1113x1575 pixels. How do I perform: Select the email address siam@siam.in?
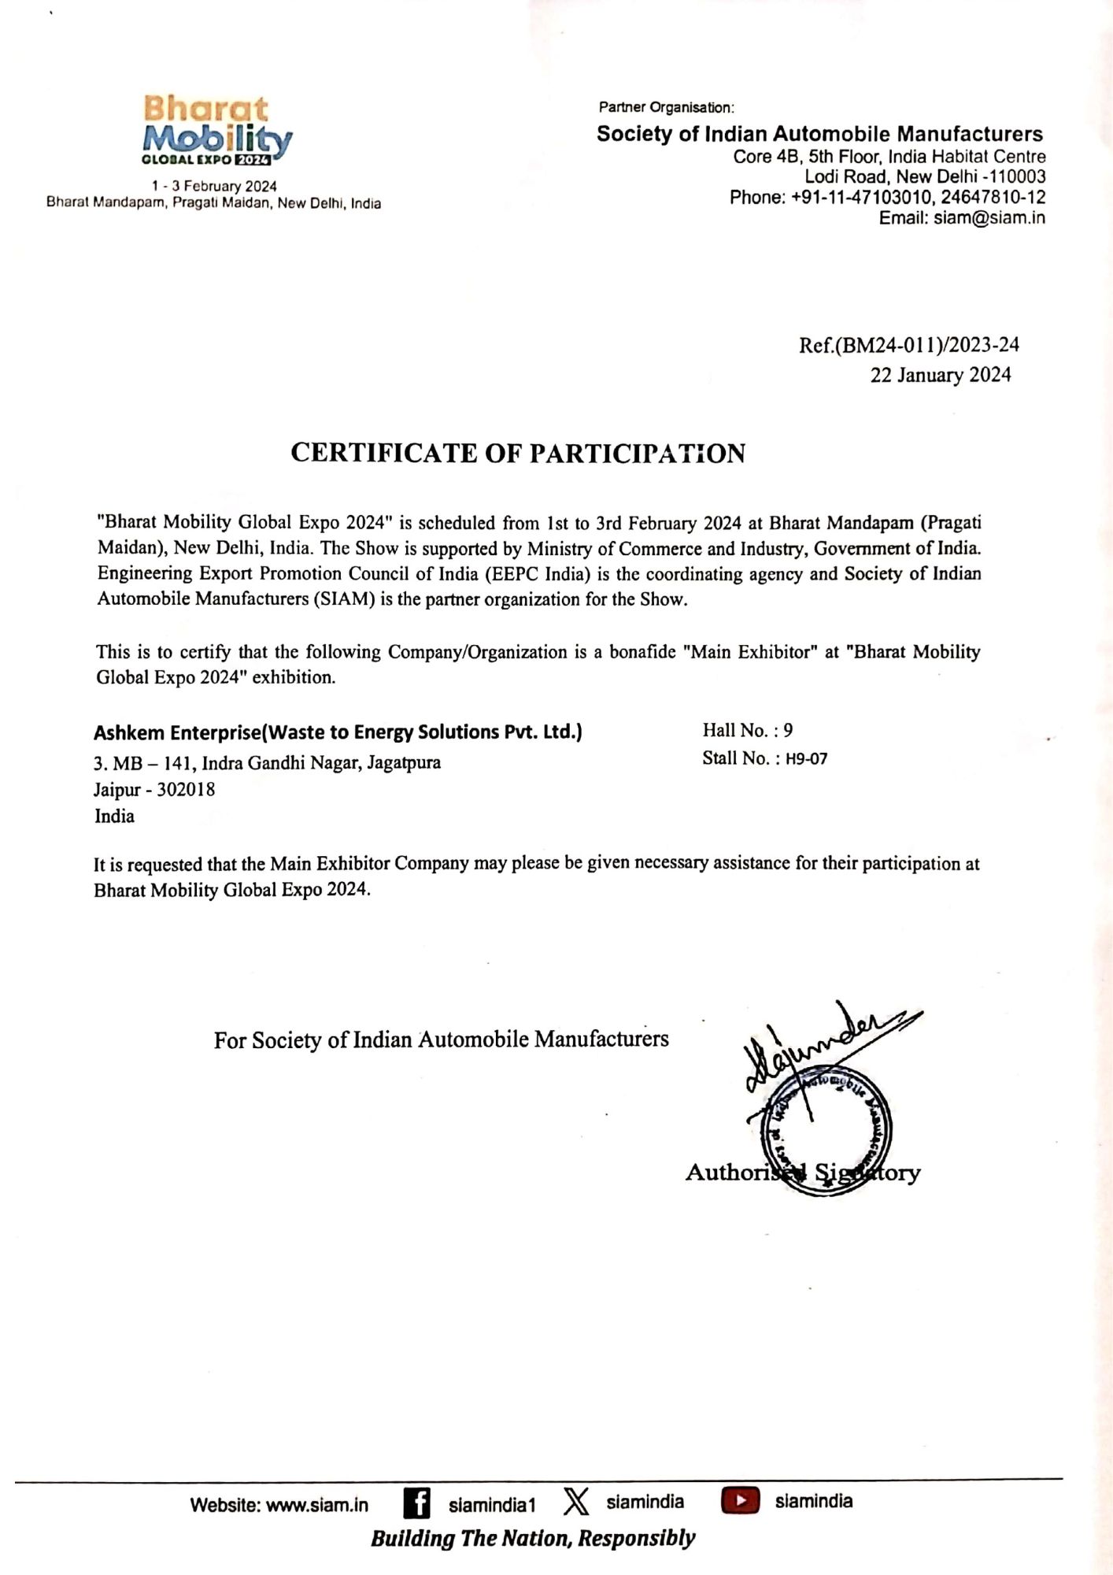(x=989, y=218)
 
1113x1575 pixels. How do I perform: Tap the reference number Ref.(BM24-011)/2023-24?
(x=909, y=345)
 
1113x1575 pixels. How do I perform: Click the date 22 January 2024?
(x=940, y=375)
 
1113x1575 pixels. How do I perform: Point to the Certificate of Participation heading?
(x=518, y=454)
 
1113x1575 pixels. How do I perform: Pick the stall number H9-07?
(x=806, y=759)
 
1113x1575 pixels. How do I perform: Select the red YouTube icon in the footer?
(x=740, y=1501)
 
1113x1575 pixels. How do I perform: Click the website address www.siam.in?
(x=316, y=1505)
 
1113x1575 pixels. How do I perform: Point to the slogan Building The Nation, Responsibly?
(x=533, y=1538)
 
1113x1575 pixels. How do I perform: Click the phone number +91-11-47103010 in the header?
(x=860, y=198)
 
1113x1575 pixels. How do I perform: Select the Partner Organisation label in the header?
(x=666, y=107)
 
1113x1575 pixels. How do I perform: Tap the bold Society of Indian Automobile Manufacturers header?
(x=819, y=134)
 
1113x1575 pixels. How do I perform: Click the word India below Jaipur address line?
(x=115, y=817)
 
